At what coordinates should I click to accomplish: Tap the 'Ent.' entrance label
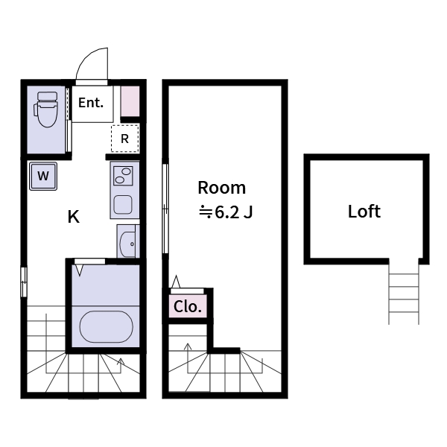[91, 103]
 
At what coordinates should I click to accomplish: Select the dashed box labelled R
[125, 138]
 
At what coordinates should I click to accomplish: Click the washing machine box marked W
[44, 177]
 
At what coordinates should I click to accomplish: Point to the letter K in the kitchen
[73, 217]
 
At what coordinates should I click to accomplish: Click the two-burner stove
[122, 177]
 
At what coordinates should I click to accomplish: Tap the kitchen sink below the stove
[122, 204]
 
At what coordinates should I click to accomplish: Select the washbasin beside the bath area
[129, 241]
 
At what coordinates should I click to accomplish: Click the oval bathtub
[106, 326]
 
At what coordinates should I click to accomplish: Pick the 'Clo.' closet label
[187, 306]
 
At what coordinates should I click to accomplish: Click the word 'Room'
[221, 188]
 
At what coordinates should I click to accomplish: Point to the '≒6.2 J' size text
[226, 212]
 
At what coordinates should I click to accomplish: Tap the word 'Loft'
[364, 212]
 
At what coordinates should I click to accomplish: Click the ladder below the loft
[404, 296]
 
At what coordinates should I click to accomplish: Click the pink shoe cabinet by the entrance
[130, 101]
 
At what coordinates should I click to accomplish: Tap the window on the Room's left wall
[165, 209]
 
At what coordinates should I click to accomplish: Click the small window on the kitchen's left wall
[23, 282]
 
